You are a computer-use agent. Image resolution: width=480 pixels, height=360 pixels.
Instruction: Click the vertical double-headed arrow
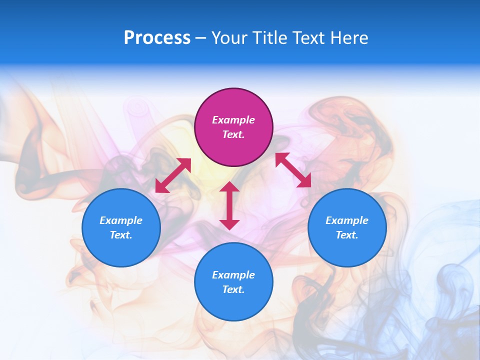(x=229, y=205)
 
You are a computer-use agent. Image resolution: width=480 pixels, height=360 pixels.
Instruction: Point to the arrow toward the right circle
(x=293, y=170)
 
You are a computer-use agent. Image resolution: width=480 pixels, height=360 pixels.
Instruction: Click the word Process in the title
(x=157, y=38)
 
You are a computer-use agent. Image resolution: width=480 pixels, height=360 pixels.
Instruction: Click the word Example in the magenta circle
(x=233, y=120)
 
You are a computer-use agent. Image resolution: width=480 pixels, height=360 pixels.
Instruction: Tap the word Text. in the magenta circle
(x=233, y=134)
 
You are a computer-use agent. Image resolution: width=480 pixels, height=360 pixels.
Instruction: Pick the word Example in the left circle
(x=121, y=220)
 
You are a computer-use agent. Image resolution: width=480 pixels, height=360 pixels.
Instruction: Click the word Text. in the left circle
(x=121, y=235)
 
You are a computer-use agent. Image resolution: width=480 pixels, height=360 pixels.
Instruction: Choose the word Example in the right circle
(x=347, y=220)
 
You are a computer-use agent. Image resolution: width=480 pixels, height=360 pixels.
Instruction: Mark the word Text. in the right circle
(x=347, y=235)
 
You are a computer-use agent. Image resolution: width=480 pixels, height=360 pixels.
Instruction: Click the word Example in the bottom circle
(x=233, y=275)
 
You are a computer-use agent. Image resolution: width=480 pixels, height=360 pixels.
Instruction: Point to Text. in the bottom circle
(x=233, y=289)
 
